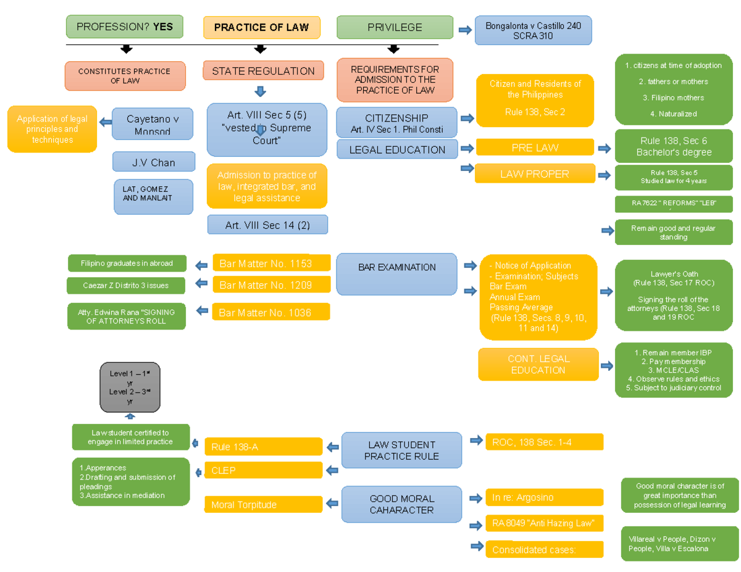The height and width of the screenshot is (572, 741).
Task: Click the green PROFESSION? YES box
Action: click(x=124, y=27)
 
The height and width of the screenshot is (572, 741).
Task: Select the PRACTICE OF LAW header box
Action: click(x=262, y=28)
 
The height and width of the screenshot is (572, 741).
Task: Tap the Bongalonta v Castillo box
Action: click(x=533, y=31)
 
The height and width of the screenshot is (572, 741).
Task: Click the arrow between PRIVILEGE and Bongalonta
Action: click(x=464, y=29)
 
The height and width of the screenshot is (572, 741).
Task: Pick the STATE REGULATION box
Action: click(x=263, y=71)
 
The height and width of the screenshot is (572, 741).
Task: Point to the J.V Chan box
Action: click(x=153, y=162)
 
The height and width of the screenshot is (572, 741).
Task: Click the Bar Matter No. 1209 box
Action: click(x=271, y=285)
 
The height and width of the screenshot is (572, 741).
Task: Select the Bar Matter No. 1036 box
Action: click(x=270, y=312)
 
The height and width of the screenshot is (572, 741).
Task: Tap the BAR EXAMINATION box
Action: click(x=396, y=268)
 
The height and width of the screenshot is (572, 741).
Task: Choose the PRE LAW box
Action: click(x=535, y=147)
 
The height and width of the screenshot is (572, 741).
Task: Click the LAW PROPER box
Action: click(x=535, y=174)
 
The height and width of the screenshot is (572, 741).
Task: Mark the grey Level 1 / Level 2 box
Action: click(x=130, y=388)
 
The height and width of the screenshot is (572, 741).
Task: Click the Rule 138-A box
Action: click(x=263, y=447)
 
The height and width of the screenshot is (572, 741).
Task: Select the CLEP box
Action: click(x=263, y=470)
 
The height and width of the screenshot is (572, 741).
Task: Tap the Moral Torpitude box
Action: click(x=263, y=505)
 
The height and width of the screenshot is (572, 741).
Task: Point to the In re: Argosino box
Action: click(x=544, y=497)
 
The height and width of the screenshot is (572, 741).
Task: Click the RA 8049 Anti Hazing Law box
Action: click(x=544, y=523)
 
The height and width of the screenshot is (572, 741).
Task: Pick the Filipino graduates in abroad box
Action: click(x=126, y=263)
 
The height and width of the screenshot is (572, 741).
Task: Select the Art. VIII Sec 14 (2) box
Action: click(x=267, y=225)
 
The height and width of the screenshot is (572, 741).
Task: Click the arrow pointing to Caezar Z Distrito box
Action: click(x=201, y=284)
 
